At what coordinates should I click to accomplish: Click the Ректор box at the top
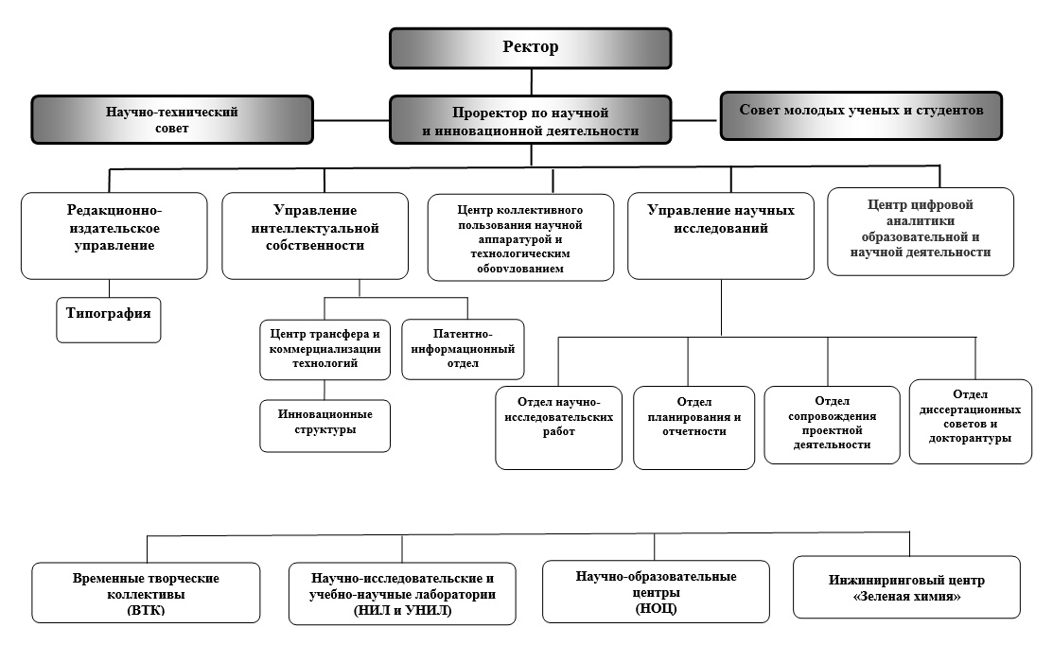coord(531,48)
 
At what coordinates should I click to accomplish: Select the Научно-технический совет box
coord(172,119)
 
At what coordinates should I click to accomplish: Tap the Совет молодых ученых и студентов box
coord(861,115)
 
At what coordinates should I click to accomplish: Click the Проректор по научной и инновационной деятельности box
coord(531,120)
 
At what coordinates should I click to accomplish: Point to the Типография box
coord(108,321)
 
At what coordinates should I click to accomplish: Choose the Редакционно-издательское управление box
coord(114,235)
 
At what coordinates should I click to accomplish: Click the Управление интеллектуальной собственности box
coord(315,235)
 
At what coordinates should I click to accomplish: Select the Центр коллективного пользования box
coord(520,237)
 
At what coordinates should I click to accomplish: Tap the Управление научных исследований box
coord(721,235)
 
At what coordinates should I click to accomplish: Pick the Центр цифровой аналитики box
coord(920,232)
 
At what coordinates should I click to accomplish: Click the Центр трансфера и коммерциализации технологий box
coord(325,350)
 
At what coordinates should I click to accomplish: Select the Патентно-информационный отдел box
coord(463,349)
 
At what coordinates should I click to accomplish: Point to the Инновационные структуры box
coord(325,427)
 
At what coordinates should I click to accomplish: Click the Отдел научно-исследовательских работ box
coord(559,427)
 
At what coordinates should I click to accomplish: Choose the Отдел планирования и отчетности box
coord(693,427)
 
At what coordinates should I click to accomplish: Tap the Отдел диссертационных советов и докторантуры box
coord(971,422)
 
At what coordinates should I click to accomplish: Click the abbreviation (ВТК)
coord(146,610)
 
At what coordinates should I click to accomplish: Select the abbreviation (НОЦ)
coord(656,609)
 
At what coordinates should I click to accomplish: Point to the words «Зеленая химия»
coord(906,596)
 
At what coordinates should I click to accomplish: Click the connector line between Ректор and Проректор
coord(531,82)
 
